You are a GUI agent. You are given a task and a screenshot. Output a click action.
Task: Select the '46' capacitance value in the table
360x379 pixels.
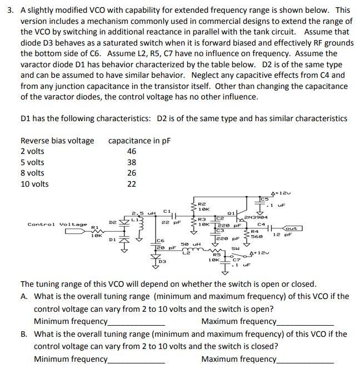pos(132,152)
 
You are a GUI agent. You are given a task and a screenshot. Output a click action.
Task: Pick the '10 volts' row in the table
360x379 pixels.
pos(34,184)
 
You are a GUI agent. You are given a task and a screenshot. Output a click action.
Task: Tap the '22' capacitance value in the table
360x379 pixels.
pos(132,184)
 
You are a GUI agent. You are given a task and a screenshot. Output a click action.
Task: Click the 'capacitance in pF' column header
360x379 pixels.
pos(139,141)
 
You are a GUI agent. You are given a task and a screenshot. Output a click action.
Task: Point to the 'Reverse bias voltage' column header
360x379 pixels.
pos(57,141)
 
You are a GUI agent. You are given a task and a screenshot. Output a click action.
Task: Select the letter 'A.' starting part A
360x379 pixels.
pos(24,297)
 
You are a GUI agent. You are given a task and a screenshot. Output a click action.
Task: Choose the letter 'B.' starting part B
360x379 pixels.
pos(24,334)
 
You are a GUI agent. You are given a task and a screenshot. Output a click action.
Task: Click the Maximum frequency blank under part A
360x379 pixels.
pos(306,323)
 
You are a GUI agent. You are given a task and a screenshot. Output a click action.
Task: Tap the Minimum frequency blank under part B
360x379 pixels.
pos(137,360)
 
